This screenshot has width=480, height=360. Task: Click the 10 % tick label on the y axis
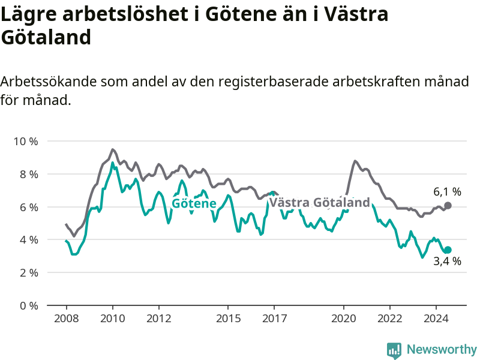(26, 142)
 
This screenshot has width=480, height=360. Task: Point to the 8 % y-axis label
(29, 175)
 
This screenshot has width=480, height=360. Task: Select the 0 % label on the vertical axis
(29, 305)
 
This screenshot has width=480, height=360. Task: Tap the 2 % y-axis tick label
(29, 273)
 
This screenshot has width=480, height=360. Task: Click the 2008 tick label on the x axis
(67, 319)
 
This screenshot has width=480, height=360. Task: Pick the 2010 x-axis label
(113, 319)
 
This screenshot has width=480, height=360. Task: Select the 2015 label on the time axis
(229, 319)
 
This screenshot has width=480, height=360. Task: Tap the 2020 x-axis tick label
(344, 319)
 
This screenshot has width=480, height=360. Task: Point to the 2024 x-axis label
(436, 319)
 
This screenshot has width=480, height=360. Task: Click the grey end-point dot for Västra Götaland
(448, 206)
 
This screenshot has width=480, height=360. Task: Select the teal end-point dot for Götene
(448, 250)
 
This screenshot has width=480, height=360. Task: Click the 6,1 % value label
(447, 192)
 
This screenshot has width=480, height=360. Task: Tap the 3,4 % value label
(447, 261)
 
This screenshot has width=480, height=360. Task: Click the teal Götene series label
(194, 203)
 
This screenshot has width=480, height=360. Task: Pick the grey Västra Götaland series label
(320, 202)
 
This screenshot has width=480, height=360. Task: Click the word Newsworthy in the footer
(442, 349)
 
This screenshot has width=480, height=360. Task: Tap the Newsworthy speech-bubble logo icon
(394, 350)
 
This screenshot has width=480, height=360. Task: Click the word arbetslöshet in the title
(125, 14)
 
